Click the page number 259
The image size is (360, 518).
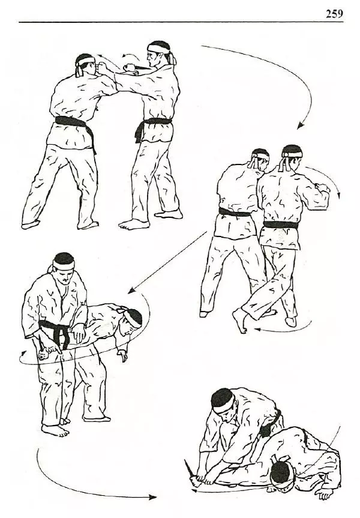334,14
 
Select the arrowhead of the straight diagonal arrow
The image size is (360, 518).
131,291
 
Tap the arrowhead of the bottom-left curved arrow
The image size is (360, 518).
152,497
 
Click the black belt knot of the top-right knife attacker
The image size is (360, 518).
139,130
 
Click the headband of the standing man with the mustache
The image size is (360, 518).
64,265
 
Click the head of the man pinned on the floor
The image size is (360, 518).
283,476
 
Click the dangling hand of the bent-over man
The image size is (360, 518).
123,355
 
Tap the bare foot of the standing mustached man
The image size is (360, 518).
55,430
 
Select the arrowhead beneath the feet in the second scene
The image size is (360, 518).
257,330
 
